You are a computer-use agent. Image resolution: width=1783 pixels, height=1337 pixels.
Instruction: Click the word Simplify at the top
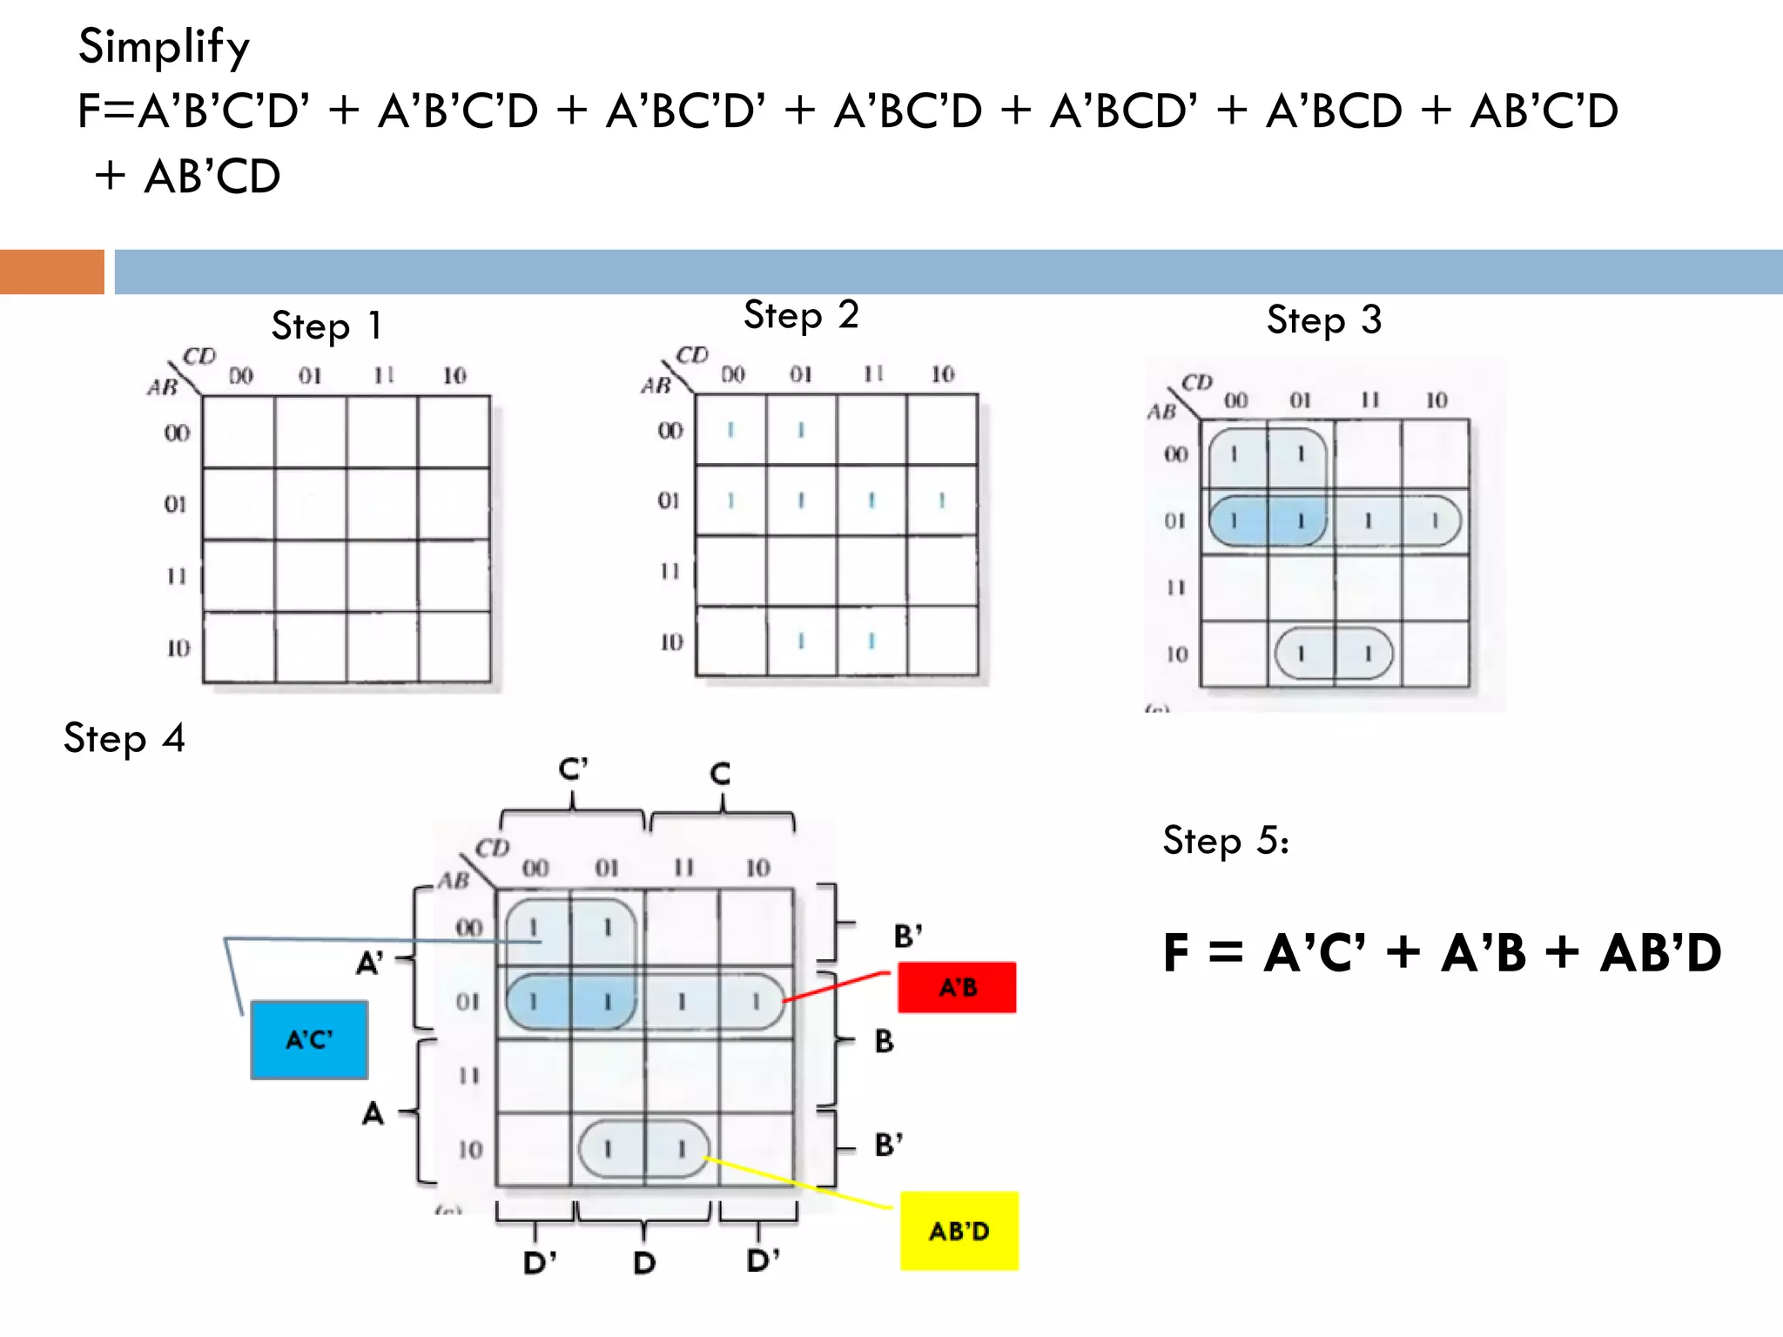[x=164, y=47]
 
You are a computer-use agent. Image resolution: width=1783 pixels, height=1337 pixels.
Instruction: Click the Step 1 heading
[x=326, y=326]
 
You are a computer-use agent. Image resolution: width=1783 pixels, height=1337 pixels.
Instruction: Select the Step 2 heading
[x=801, y=315]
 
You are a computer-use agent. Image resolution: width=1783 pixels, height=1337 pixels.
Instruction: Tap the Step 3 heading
[x=1323, y=320]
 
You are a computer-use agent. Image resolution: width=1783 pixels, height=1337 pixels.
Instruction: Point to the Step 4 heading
[x=124, y=739]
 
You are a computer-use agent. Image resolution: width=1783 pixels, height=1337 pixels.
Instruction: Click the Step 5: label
[x=1226, y=841]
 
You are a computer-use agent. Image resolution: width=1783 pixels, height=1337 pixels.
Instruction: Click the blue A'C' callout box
[x=309, y=1039]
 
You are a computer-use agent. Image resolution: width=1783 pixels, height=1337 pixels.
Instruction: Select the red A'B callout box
[x=957, y=987]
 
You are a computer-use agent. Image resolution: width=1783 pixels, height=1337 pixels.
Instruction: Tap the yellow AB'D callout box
[x=959, y=1231]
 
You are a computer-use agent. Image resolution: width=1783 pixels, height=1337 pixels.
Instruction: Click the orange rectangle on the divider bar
[x=52, y=272]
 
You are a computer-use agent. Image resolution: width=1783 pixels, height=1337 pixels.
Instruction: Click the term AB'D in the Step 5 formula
[x=1660, y=952]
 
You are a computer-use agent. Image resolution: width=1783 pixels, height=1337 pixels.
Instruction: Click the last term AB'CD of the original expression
[x=212, y=177]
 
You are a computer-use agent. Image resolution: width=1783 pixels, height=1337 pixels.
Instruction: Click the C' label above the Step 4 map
[x=573, y=769]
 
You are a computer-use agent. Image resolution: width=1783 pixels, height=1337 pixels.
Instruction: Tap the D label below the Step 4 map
[x=643, y=1262]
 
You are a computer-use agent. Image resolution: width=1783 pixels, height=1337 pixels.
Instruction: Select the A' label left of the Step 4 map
[x=370, y=963]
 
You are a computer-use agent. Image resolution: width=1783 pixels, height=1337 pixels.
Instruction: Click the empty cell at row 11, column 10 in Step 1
[x=454, y=575]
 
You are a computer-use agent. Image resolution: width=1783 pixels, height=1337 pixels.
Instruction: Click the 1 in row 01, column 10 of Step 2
[x=941, y=501]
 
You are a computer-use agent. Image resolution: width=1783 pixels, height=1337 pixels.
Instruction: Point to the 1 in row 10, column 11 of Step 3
[x=1368, y=654]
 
